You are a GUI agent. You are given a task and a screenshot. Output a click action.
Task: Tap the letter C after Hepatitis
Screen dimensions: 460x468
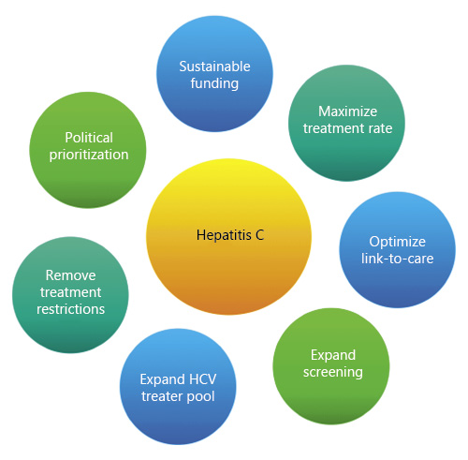[x=260, y=234]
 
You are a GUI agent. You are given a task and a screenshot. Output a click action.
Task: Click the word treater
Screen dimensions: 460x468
[x=160, y=396]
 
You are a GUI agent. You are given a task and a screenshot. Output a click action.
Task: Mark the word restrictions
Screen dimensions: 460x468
[x=71, y=309]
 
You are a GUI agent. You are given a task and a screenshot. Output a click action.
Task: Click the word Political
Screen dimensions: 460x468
[x=90, y=137]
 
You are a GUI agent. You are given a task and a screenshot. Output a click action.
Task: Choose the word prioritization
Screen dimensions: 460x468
[x=90, y=154]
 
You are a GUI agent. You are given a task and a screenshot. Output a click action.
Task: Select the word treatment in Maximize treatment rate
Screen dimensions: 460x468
[x=329, y=127]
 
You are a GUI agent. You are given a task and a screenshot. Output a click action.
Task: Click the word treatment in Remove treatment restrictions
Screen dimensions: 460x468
[x=71, y=292]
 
